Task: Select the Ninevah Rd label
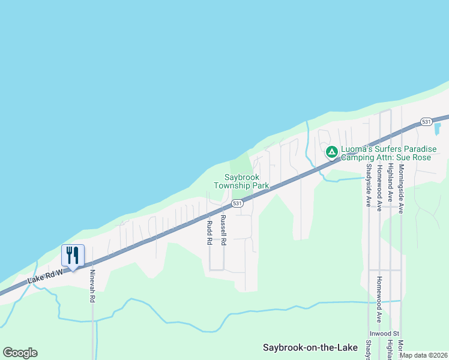click(x=92, y=286)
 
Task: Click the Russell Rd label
click(x=223, y=230)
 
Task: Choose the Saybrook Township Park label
click(x=246, y=181)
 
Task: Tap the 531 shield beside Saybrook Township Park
click(x=238, y=203)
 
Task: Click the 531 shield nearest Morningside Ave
click(x=426, y=122)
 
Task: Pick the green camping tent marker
click(x=331, y=152)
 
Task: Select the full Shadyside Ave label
click(x=369, y=185)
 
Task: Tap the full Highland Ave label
click(x=390, y=182)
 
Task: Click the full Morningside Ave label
click(x=401, y=188)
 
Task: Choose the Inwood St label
click(x=384, y=333)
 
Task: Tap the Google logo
click(x=20, y=353)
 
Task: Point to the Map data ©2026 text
click(x=424, y=355)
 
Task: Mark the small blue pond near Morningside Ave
click(x=437, y=128)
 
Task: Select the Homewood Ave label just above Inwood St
click(x=379, y=299)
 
